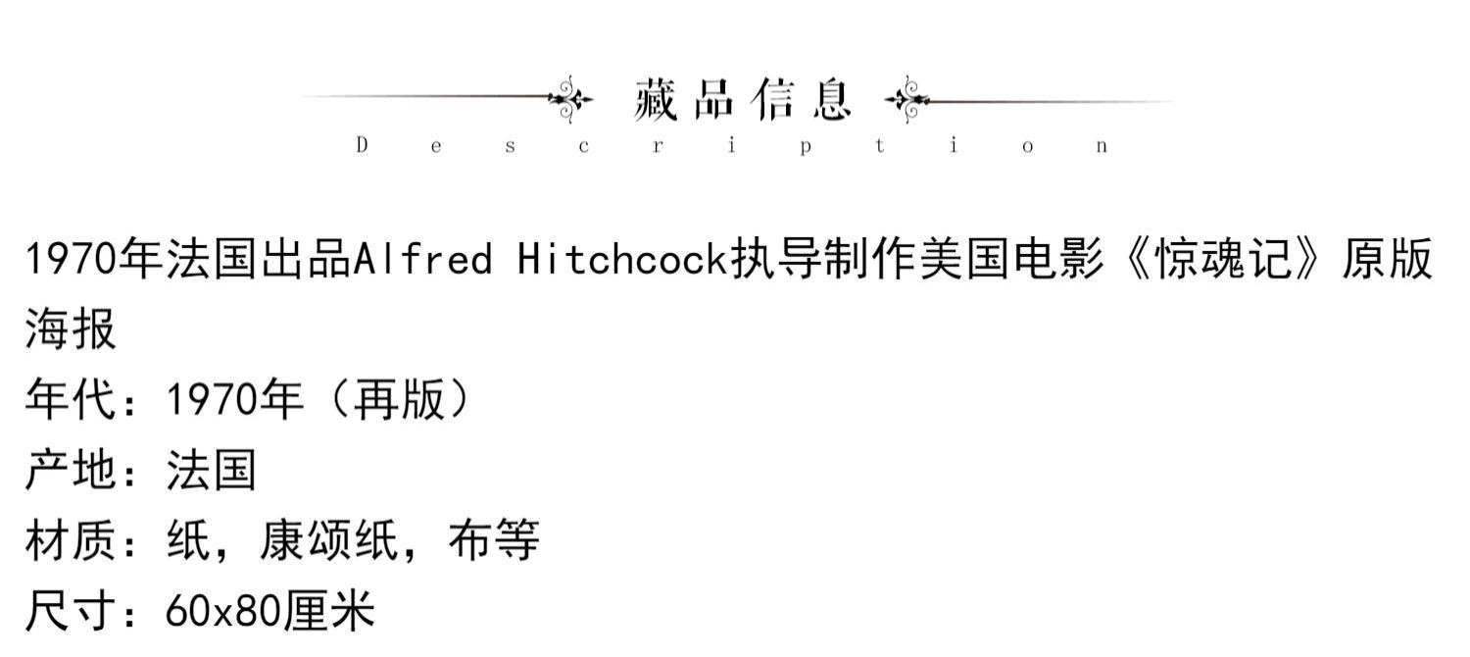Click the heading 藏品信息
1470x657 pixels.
tap(742, 99)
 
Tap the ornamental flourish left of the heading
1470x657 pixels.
tap(570, 99)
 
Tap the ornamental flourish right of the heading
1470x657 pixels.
tap(906, 99)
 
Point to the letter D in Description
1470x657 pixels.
tap(362, 146)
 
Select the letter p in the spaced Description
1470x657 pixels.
tap(805, 147)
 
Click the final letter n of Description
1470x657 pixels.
tap(1102, 147)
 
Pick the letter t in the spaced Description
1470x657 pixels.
tap(879, 146)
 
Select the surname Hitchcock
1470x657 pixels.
tap(623, 261)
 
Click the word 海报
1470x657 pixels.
tap(71, 329)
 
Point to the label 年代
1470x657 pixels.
tap(71, 401)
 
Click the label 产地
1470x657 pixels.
tap(71, 472)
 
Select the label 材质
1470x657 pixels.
tap(71, 541)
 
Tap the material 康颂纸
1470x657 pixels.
tap(328, 541)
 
